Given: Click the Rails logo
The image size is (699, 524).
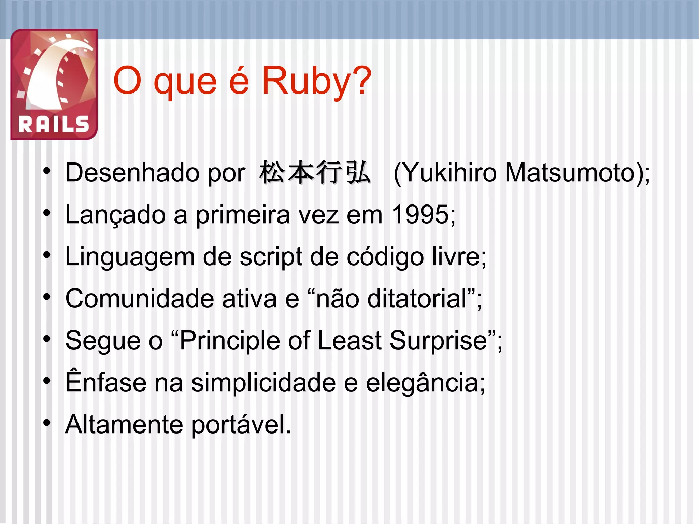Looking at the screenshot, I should pos(54,84).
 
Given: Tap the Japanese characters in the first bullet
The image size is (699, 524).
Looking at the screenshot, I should pos(314,173).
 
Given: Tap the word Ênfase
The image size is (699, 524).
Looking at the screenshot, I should pos(105,382).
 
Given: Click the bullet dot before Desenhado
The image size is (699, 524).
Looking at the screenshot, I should pos(47,171).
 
